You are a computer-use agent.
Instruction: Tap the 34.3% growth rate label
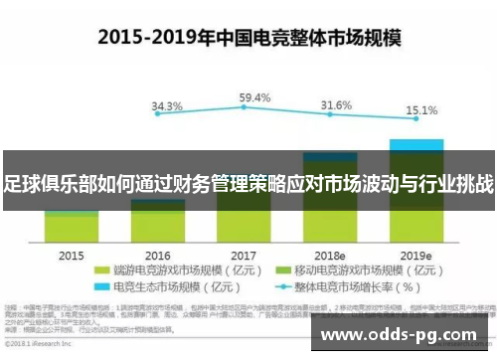coord(166,106)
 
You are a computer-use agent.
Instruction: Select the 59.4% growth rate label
coord(255,97)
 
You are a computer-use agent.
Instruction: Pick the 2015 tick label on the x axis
coord(72,256)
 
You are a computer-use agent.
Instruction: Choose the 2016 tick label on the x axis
coord(157,256)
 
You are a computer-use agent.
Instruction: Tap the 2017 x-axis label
coord(245,256)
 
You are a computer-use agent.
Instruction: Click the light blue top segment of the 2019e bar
coord(415,144)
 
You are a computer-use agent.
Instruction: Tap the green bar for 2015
coord(72,227)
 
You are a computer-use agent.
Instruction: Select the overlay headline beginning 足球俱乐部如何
coord(248,182)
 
